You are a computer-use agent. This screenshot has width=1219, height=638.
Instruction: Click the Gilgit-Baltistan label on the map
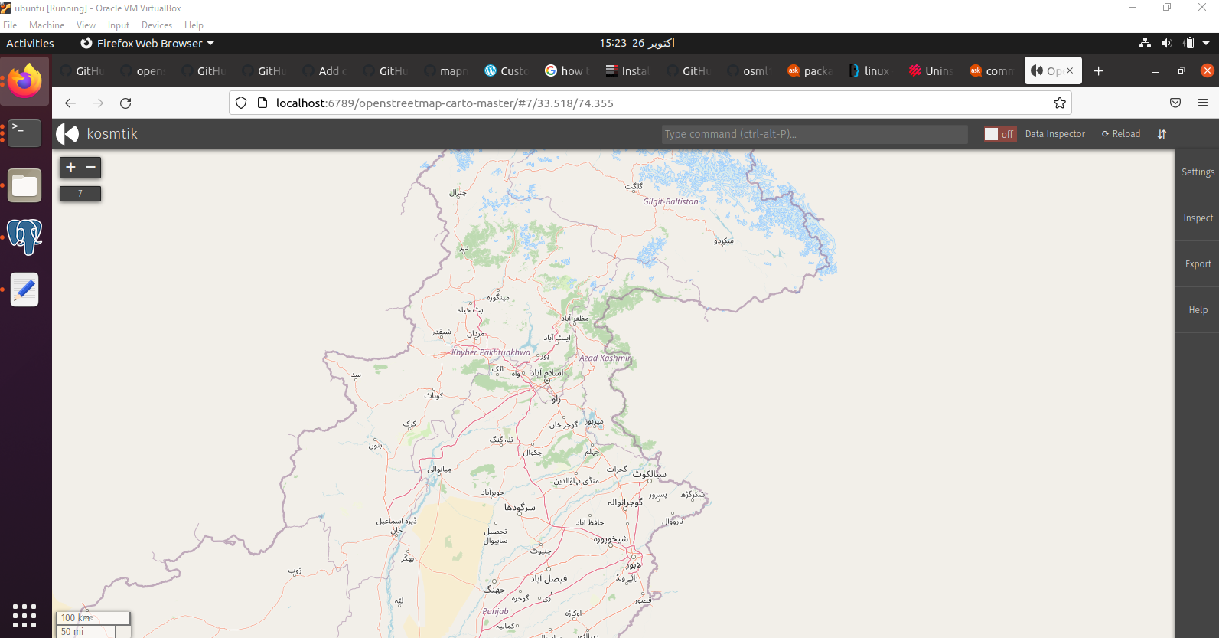pyautogui.click(x=670, y=201)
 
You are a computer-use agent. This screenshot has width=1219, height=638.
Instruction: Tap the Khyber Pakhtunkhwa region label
pyautogui.click(x=491, y=352)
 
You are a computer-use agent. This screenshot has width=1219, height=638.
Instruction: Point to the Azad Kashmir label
pyautogui.click(x=605, y=358)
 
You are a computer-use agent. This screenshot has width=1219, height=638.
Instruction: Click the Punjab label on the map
pyautogui.click(x=495, y=611)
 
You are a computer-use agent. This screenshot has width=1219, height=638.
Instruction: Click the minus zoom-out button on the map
pyautogui.click(x=91, y=167)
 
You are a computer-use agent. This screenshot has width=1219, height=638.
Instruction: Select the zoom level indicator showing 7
pyautogui.click(x=80, y=194)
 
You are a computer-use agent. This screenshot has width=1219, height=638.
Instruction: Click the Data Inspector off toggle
pyautogui.click(x=999, y=134)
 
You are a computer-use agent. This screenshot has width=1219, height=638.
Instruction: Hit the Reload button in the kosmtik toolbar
pyautogui.click(x=1121, y=134)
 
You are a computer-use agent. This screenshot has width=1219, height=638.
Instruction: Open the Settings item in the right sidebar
pyautogui.click(x=1198, y=172)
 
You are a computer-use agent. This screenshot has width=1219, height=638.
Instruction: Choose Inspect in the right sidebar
pyautogui.click(x=1198, y=218)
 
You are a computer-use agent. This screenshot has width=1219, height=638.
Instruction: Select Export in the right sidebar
pyautogui.click(x=1198, y=264)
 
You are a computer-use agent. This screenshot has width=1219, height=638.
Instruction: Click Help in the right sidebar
pyautogui.click(x=1198, y=310)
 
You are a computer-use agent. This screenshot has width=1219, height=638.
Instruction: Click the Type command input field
pyautogui.click(x=814, y=134)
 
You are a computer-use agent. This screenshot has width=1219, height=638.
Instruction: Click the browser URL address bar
pyautogui.click(x=650, y=103)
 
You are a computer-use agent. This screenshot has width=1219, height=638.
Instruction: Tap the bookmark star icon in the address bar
pyautogui.click(x=1060, y=103)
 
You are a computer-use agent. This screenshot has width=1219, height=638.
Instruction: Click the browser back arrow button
pyautogui.click(x=70, y=103)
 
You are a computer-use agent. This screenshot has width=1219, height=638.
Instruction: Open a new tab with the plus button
pyautogui.click(x=1098, y=71)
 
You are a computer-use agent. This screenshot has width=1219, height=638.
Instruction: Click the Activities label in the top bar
pyautogui.click(x=30, y=44)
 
